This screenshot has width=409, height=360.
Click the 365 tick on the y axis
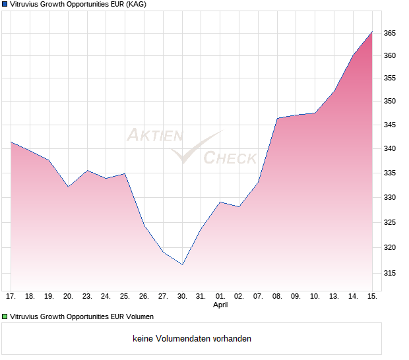389,33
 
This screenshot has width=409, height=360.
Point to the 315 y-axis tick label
389,272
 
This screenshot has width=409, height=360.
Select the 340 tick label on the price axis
389,149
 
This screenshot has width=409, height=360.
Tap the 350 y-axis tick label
389,101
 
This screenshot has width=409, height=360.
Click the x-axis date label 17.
11,297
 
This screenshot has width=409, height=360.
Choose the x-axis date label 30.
182,297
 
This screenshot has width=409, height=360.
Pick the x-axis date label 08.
277,297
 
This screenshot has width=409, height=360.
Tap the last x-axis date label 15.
372,297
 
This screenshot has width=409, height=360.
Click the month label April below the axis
220,305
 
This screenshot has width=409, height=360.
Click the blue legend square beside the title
5,5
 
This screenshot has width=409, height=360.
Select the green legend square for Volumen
5,316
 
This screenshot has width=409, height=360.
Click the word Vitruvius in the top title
26,5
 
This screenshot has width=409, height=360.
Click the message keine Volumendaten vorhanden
192,338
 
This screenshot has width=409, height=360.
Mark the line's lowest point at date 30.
182,264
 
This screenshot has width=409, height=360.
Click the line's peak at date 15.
372,31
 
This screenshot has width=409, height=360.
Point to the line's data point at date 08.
277,118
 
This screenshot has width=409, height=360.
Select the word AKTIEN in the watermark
154,136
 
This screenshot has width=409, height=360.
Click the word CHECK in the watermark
230,158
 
